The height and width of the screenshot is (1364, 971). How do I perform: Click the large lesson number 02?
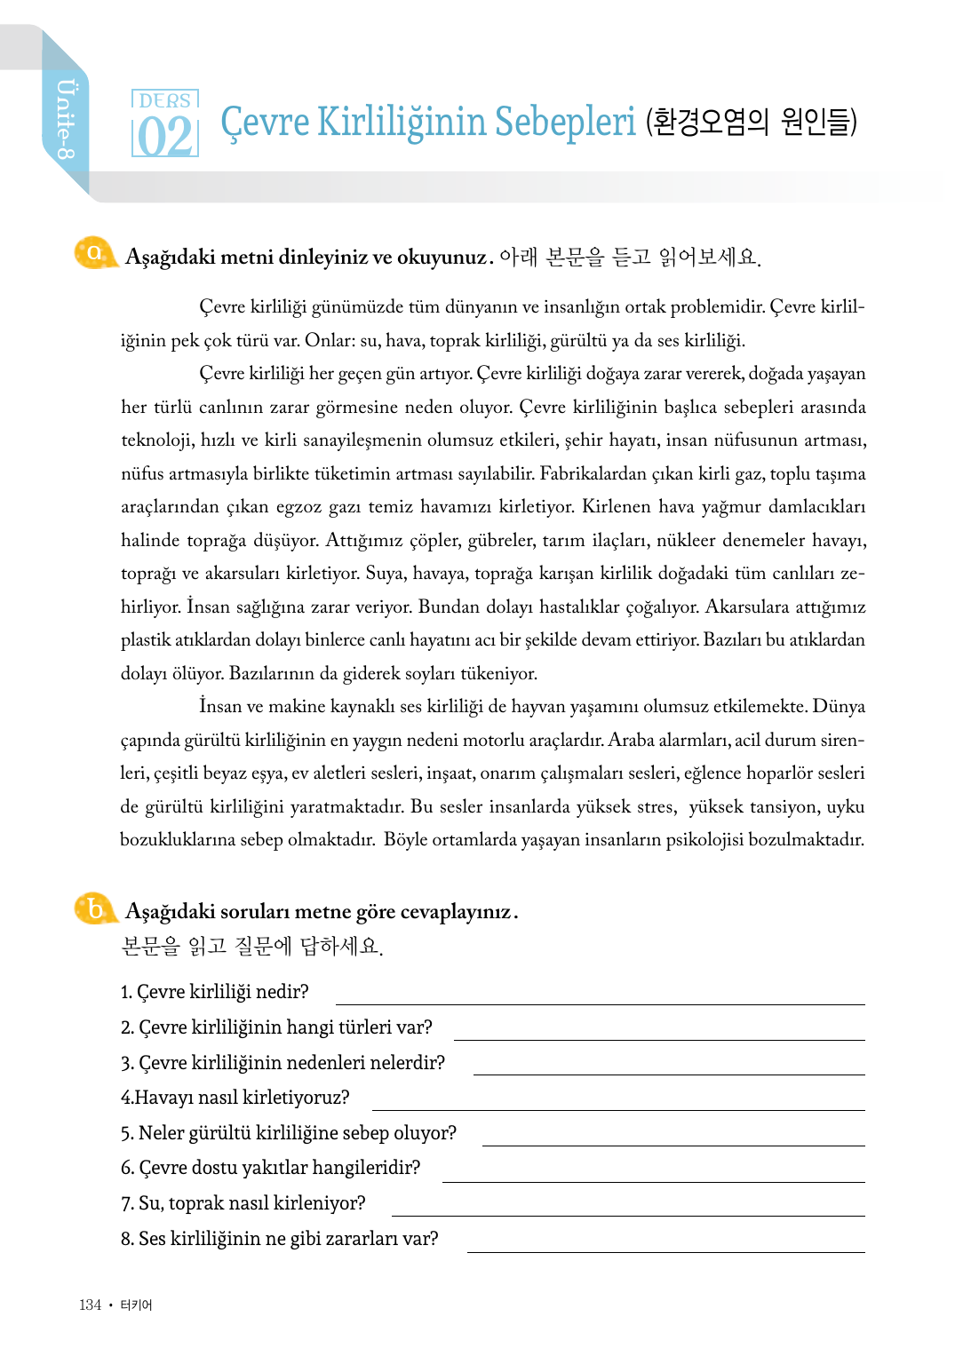[164, 137]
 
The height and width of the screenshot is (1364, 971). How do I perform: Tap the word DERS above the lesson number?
[164, 100]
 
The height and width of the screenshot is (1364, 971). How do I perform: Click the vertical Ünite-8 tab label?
[66, 119]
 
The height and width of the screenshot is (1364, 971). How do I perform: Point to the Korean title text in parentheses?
[752, 122]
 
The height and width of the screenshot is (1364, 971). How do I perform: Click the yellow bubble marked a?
[93, 253]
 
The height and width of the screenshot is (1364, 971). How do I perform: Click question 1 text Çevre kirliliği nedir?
[215, 991]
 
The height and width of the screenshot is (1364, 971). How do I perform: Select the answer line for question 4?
[617, 1108]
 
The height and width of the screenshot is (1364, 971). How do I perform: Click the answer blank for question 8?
[665, 1250]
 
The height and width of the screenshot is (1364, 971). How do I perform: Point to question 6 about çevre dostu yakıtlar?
[271, 1167]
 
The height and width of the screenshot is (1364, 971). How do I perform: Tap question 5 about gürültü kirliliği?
[289, 1132]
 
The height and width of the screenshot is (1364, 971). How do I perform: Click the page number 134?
[90, 1305]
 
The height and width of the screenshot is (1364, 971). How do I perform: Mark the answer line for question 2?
[658, 1038]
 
